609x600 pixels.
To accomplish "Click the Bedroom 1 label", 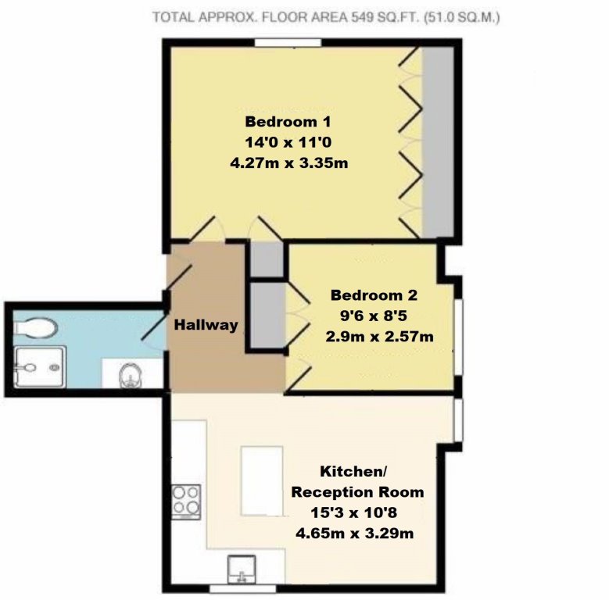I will coord(288,122).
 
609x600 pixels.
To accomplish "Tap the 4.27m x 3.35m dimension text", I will coord(288,164).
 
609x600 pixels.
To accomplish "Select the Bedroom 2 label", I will coord(374,295).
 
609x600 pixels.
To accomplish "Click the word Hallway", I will coord(206,325).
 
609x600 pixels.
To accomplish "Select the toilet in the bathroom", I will coord(36,327).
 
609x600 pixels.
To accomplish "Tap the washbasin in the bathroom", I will coord(129,377).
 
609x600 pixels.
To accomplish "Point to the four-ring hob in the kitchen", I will coord(186,502).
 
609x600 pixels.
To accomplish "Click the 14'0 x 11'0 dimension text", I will coord(288,143).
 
